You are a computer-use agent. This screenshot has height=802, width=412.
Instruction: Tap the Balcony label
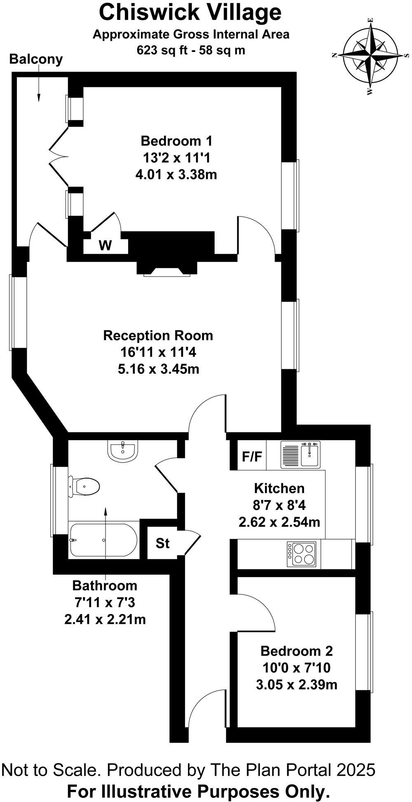pos(36,59)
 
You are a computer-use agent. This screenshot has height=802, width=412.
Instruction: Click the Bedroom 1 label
pos(176,141)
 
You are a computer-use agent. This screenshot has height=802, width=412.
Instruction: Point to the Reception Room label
pos(158,335)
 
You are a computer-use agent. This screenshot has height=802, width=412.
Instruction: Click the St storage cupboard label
pos(162,543)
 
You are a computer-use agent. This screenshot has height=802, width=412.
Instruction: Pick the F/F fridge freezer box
pos(252,457)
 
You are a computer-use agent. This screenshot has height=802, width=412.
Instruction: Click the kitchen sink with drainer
pos(300,455)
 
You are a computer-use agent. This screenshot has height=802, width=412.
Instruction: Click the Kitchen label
pos(279,488)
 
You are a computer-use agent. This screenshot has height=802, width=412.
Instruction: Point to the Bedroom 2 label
pos(297,651)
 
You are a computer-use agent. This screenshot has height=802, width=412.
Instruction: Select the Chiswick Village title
pos(190,12)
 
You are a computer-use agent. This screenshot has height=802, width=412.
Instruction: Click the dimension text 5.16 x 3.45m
pos(159,369)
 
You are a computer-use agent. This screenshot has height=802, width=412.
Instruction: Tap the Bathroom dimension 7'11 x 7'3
pos(105,602)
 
